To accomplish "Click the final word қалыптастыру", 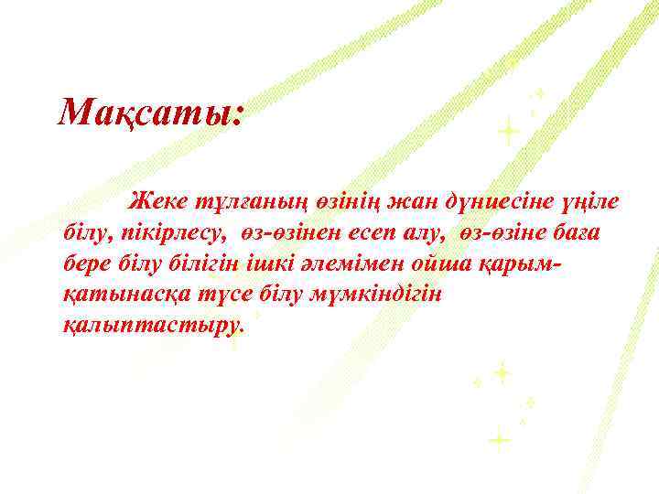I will (152, 326).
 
